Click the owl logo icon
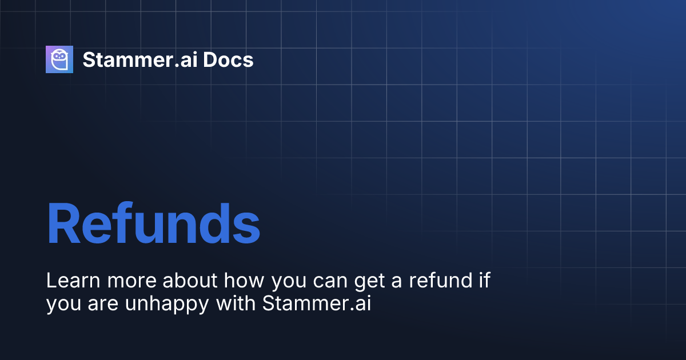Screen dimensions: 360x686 click(x=59, y=59)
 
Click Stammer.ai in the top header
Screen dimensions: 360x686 click(x=139, y=60)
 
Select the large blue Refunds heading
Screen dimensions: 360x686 click(x=153, y=223)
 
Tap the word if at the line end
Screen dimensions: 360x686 click(x=484, y=281)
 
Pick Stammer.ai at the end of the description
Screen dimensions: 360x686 click(x=317, y=304)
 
